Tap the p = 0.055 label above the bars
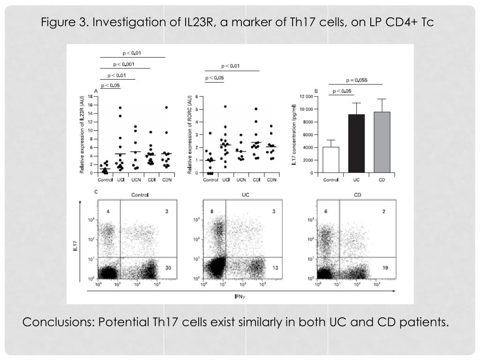(x=357, y=80)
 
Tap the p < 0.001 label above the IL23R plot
(x=124, y=64)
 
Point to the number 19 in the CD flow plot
(x=385, y=267)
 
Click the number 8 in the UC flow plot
(x=212, y=211)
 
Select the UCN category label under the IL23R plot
(x=135, y=180)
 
